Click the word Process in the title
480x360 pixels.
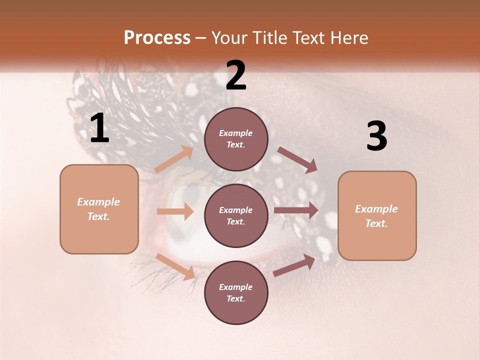tap(157, 38)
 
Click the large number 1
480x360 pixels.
tap(99, 128)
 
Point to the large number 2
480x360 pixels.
tap(236, 75)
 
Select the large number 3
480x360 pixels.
tap(376, 136)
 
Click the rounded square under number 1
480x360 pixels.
tap(99, 209)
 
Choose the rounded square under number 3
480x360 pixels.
tap(377, 216)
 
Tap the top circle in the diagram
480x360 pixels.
tap(236, 139)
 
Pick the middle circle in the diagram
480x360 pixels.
tap(236, 216)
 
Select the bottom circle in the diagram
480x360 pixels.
tap(236, 293)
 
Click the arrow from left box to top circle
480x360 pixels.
tap(174, 159)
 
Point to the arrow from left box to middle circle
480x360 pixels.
tap(175, 211)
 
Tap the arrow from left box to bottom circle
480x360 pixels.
tap(175, 266)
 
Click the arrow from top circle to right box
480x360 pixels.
tap(297, 159)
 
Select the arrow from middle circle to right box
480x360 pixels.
tap(296, 210)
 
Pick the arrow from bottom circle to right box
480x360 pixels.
tap(294, 265)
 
